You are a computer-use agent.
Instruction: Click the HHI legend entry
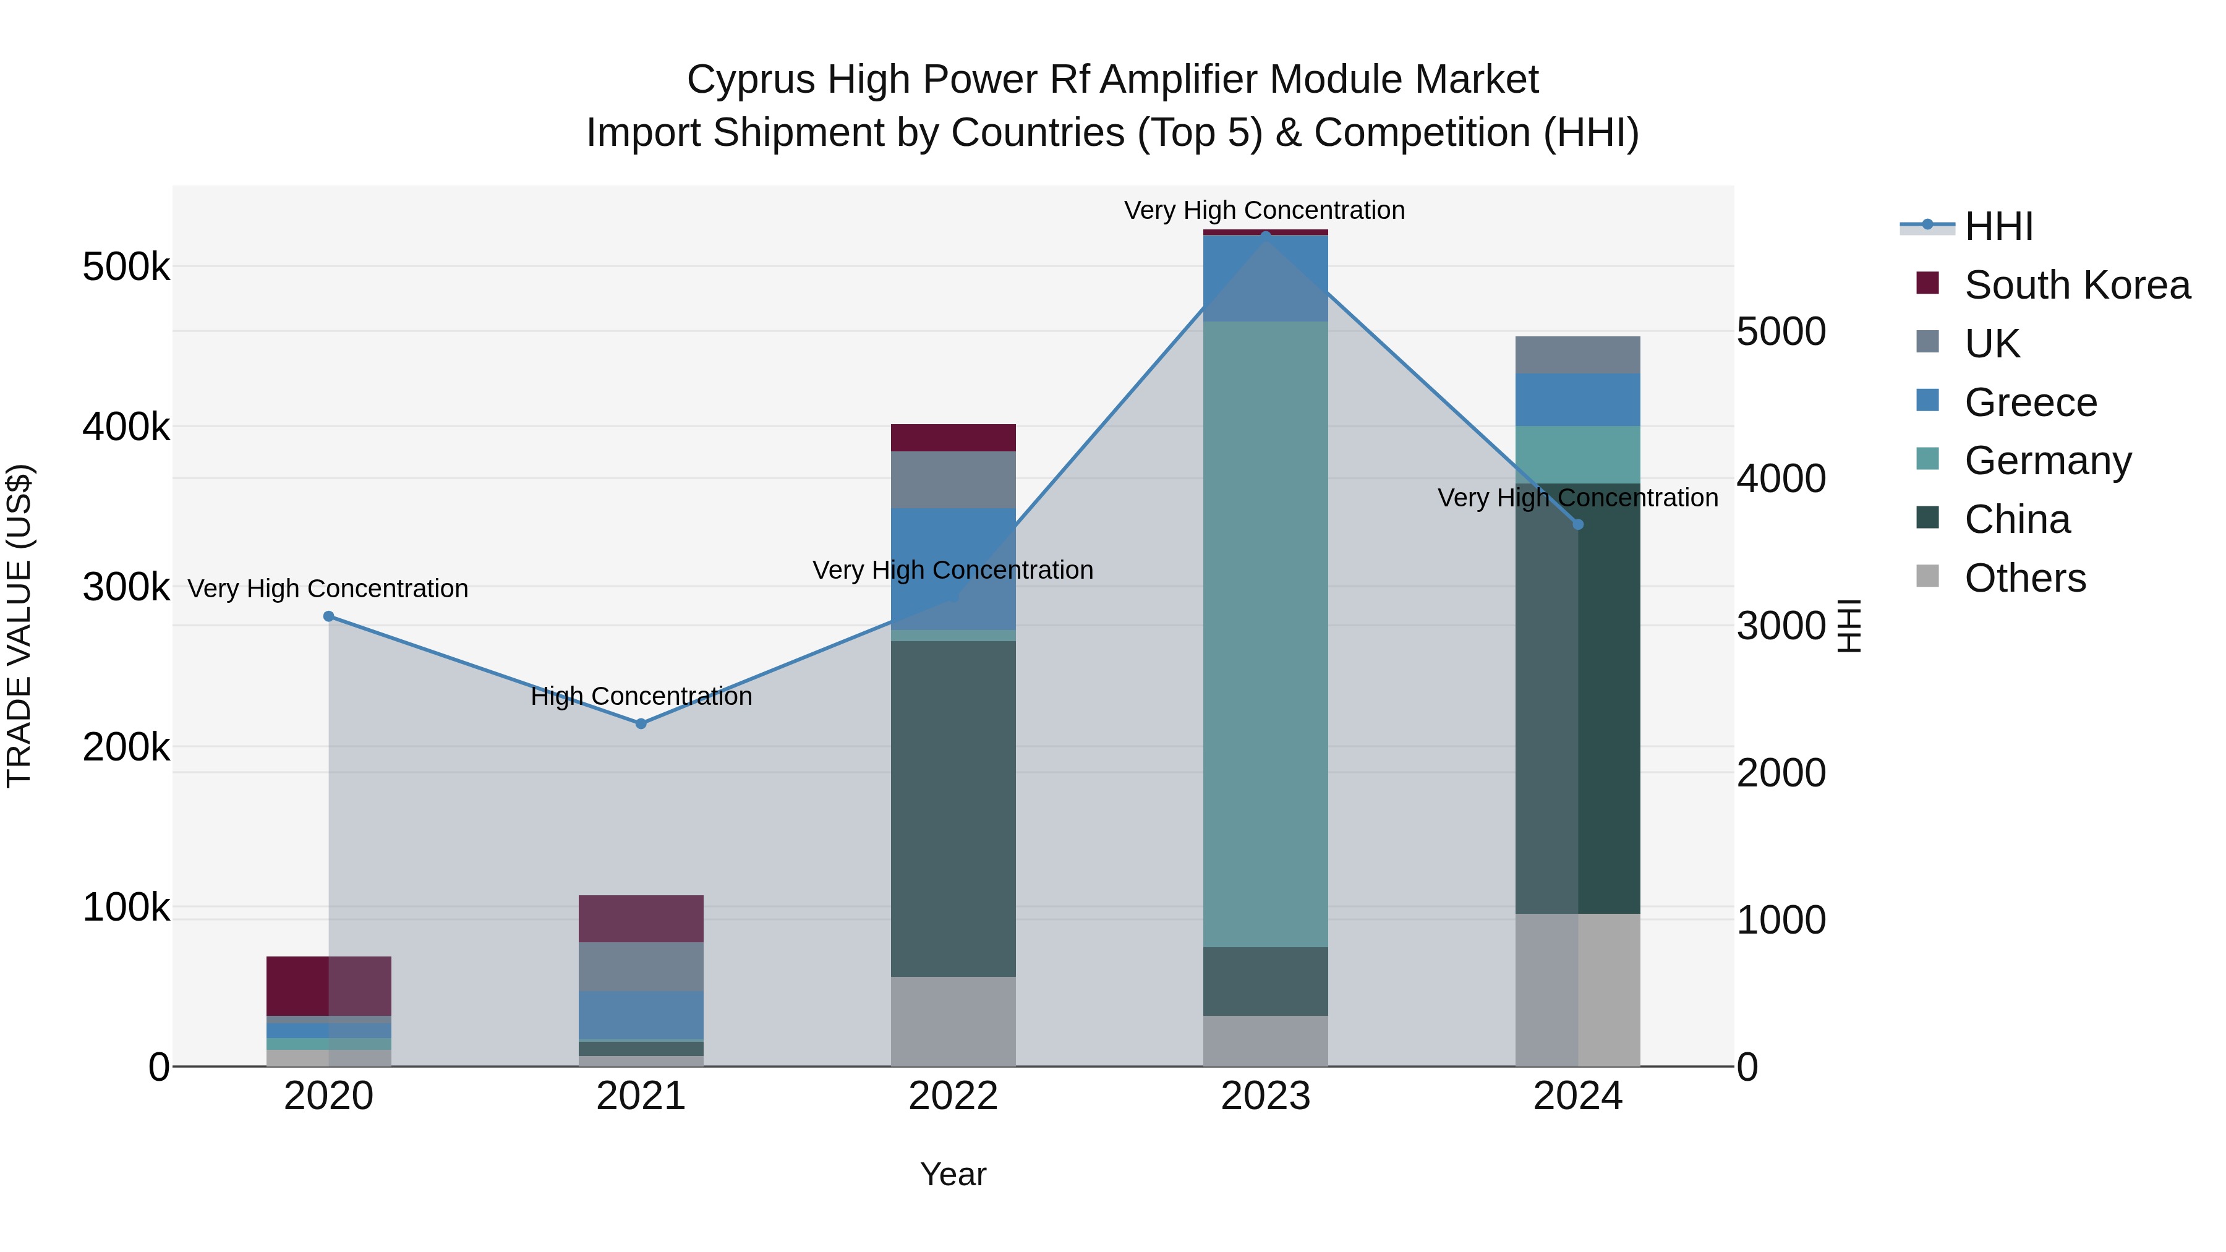[1998, 226]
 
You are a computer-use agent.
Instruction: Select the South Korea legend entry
[2076, 285]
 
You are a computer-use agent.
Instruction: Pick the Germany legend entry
[2046, 461]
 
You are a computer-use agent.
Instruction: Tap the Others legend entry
[2024, 578]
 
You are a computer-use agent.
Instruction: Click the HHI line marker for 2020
[328, 616]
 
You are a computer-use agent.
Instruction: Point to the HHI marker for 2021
[641, 723]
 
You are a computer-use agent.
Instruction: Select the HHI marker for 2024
[1578, 524]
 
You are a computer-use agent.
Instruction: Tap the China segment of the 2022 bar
[953, 809]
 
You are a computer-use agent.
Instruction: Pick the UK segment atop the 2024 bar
[1578, 355]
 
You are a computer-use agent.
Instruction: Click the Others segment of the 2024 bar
[1578, 989]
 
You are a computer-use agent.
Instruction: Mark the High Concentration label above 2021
[641, 696]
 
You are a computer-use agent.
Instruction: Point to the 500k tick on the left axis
[126, 267]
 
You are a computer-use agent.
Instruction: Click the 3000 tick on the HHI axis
[1781, 626]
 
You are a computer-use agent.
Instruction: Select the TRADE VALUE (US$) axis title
[19, 626]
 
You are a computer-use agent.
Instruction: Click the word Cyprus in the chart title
[750, 80]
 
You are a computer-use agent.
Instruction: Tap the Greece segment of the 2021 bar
[641, 1015]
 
